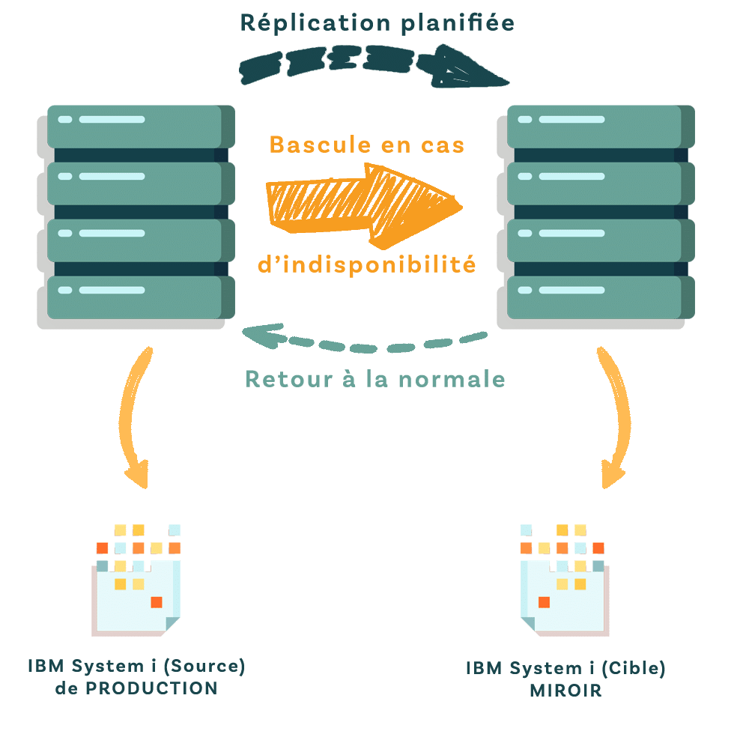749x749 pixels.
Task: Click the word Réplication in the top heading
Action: (314, 23)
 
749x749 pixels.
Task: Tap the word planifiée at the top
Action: (457, 23)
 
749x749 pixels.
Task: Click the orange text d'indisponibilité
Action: (366, 264)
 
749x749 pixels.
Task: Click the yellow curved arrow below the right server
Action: (615, 419)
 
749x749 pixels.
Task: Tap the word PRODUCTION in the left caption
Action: (151, 688)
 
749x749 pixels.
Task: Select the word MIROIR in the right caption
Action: (565, 691)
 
